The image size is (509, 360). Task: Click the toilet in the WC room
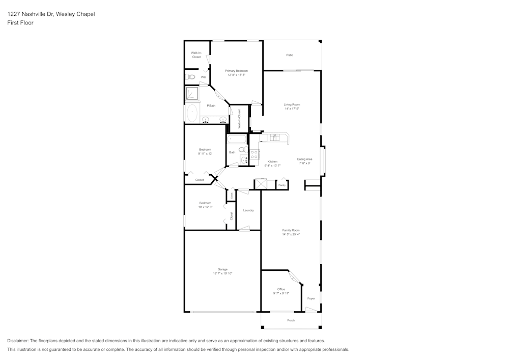pyautogui.click(x=190, y=77)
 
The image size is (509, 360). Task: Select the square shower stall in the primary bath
pyautogui.click(x=192, y=93)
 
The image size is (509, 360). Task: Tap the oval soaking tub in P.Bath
pyautogui.click(x=192, y=113)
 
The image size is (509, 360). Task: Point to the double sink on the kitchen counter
pyautogui.click(x=275, y=137)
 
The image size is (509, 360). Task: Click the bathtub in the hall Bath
pyautogui.click(x=237, y=139)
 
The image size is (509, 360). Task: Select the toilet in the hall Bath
pyautogui.click(x=243, y=150)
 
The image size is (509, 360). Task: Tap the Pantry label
pyautogui.click(x=281, y=185)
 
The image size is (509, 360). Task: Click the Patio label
pyautogui.click(x=290, y=55)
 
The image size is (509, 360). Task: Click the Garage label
pyautogui.click(x=222, y=269)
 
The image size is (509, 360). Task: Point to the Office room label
pyautogui.click(x=281, y=289)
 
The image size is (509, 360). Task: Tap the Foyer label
pyautogui.click(x=311, y=298)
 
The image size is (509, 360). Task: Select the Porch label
pyautogui.click(x=291, y=320)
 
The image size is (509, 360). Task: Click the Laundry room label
pyautogui.click(x=248, y=210)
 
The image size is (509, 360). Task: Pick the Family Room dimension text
pyautogui.click(x=291, y=235)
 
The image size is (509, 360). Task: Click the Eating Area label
pyautogui.click(x=304, y=159)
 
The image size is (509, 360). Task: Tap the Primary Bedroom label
pyautogui.click(x=236, y=71)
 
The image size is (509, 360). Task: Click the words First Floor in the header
pyautogui.click(x=20, y=23)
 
